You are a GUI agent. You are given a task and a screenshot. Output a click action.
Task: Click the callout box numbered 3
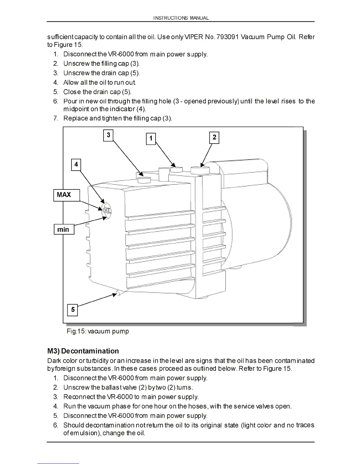[109, 135]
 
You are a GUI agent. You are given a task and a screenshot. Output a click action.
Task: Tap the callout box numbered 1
[151, 139]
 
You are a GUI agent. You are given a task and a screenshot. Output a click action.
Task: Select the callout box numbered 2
[214, 137]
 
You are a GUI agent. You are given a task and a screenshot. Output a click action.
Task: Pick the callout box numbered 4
[76, 164]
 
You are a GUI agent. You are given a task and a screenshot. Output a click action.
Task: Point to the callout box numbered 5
[73, 310]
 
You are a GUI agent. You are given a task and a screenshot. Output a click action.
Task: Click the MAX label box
[66, 195]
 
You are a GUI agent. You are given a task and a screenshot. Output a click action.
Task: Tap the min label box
[64, 229]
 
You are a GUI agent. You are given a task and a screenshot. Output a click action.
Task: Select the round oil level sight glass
[106, 210]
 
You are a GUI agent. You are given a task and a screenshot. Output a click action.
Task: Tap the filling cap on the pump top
[144, 180]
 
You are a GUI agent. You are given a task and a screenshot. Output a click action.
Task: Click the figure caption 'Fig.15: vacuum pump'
[98, 331]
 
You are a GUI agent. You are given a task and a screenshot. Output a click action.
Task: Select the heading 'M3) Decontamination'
[83, 351]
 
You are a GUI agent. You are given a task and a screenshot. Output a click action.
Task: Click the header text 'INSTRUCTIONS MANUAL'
[181, 18]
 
